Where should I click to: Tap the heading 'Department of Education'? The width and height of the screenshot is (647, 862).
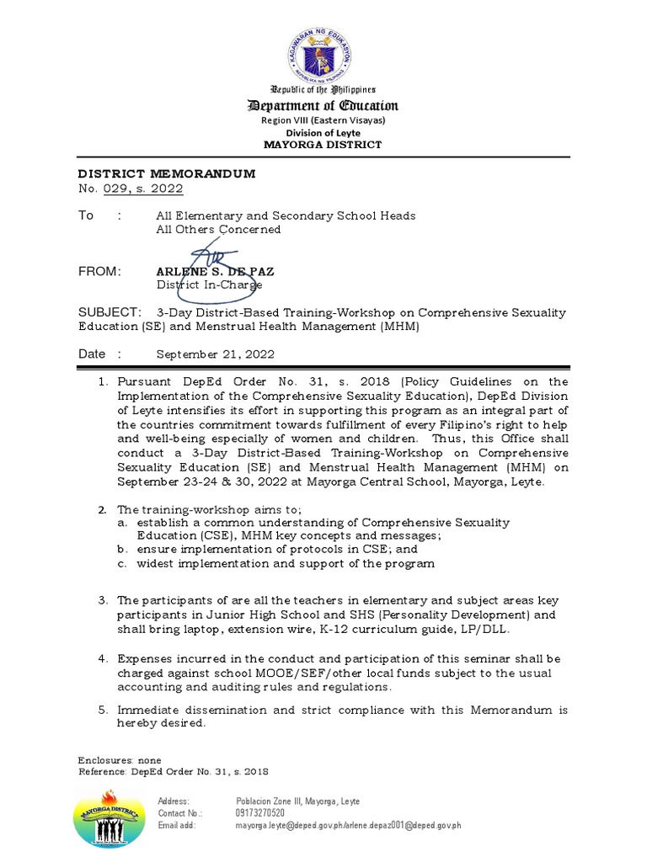tap(323, 105)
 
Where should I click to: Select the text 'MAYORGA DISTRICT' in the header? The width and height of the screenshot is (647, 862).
tap(323, 145)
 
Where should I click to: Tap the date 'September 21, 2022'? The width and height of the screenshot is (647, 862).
tap(215, 354)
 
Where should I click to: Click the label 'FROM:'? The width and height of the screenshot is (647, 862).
tap(100, 271)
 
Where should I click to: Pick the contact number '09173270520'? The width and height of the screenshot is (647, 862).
tap(260, 813)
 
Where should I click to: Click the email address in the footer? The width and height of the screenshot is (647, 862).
tap(348, 826)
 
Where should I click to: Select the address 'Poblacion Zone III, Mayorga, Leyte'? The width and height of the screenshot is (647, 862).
tap(297, 801)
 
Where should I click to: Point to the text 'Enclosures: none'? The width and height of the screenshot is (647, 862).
tap(120, 760)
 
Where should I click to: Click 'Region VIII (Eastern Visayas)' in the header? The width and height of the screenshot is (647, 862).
tap(323, 120)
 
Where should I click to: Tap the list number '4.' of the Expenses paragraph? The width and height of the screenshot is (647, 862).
tap(103, 659)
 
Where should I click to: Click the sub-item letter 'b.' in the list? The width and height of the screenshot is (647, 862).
tap(123, 549)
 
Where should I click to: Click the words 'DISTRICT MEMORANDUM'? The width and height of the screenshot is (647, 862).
tap(167, 173)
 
